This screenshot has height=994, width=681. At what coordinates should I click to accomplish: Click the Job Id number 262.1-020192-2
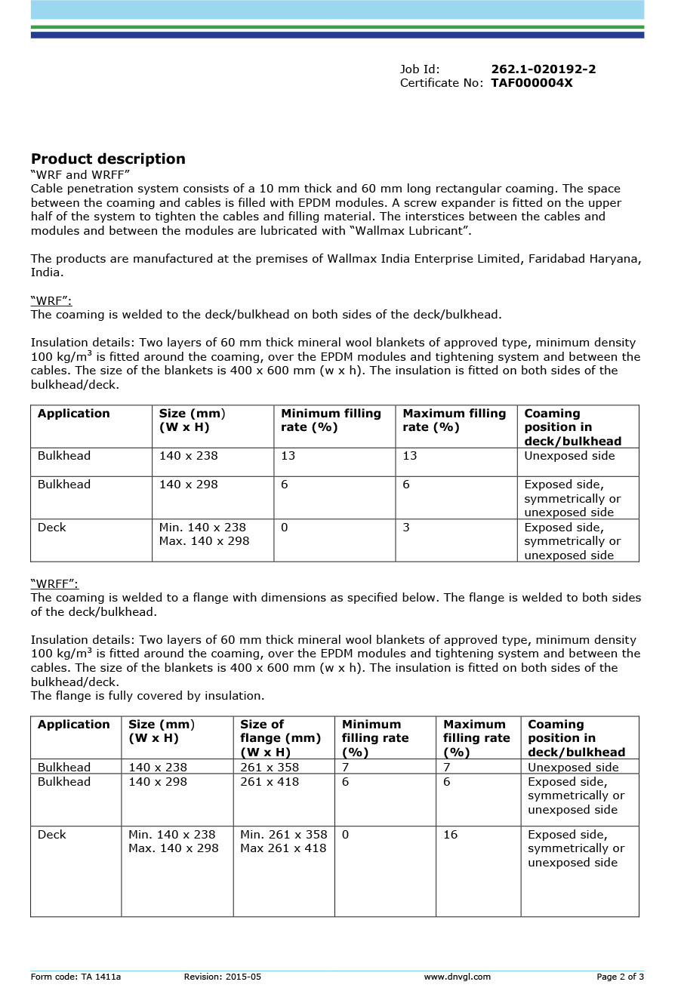[543, 69]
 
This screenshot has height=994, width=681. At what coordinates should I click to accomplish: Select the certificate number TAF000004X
[532, 83]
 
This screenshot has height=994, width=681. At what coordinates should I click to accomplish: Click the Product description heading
[108, 159]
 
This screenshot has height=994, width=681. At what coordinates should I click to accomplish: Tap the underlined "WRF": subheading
[51, 301]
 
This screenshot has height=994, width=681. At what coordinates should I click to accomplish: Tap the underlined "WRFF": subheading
[54, 584]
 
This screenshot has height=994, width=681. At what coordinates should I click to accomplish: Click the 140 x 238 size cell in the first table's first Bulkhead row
[188, 456]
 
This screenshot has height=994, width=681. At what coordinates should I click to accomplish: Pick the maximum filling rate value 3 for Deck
[406, 528]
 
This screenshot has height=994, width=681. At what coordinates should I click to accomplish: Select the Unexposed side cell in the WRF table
[569, 456]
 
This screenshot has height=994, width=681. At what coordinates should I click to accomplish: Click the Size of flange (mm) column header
[280, 738]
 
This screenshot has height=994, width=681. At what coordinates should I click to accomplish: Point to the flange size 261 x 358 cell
[270, 768]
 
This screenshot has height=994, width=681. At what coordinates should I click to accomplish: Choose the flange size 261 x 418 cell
[270, 782]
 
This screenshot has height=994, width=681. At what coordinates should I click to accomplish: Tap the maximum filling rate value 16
[451, 835]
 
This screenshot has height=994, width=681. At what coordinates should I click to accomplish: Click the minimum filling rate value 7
[346, 768]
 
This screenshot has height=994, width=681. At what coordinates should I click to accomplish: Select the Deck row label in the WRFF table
[52, 835]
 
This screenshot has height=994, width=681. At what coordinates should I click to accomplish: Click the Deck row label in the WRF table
[52, 528]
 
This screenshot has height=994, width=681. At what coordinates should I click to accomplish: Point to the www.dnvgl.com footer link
[457, 977]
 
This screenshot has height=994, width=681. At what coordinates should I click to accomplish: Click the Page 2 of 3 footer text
[620, 977]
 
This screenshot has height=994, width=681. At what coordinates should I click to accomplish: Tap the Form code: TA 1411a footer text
[75, 977]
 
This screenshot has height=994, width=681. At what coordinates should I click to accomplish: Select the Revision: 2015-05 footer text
[222, 977]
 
